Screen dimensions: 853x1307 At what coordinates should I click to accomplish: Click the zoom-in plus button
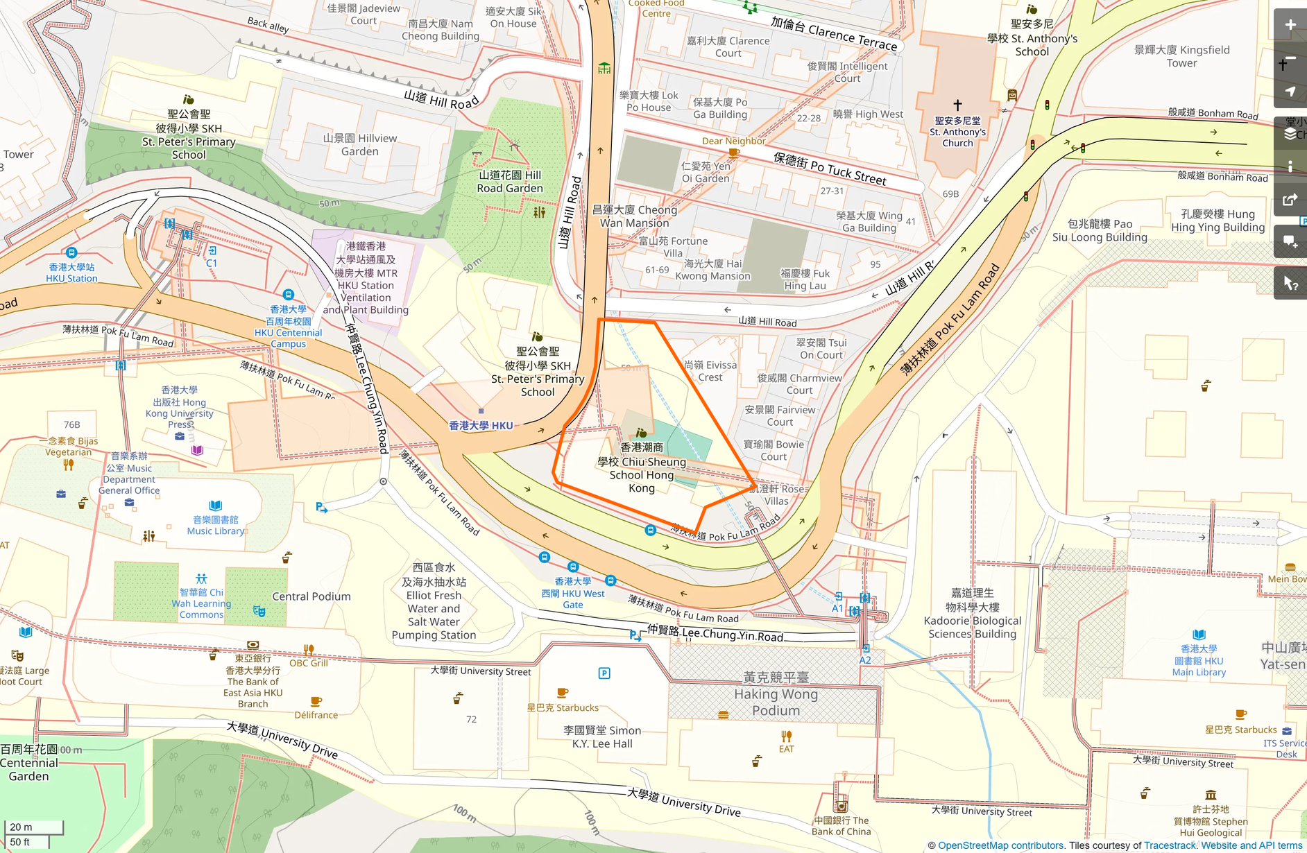(x=1290, y=26)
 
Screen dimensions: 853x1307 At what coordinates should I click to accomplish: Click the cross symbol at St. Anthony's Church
(x=957, y=105)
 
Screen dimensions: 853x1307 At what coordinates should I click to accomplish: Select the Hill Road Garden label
(x=510, y=182)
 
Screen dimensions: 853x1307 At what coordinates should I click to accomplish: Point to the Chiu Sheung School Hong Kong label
(x=642, y=468)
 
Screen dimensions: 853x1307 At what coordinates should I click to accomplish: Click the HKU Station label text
(x=71, y=273)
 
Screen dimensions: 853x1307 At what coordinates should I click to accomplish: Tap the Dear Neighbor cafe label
(x=733, y=141)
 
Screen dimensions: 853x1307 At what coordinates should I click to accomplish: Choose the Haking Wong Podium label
(x=776, y=693)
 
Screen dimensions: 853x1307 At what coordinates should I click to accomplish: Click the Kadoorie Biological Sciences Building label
(x=972, y=614)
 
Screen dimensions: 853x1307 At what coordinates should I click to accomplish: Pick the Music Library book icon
(x=216, y=506)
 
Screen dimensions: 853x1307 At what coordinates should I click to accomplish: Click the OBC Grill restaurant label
(x=309, y=663)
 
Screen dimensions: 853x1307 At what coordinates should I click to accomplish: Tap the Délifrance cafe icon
(x=316, y=701)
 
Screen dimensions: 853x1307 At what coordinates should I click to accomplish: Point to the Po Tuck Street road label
(x=830, y=169)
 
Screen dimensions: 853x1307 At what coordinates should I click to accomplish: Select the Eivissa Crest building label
(x=710, y=371)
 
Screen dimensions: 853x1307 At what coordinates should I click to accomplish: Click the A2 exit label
(x=865, y=660)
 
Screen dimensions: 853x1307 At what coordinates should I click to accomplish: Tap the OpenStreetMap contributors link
(x=1000, y=845)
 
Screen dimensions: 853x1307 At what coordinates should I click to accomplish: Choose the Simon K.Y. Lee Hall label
(x=602, y=736)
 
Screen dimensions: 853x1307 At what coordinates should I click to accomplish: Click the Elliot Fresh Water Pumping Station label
(x=434, y=601)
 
